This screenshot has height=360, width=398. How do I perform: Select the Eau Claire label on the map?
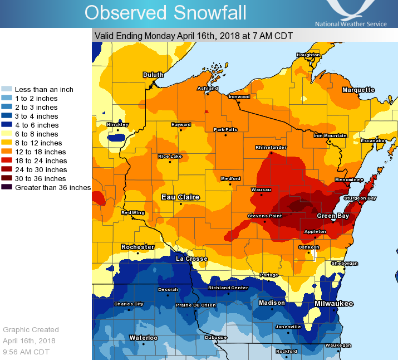click(180, 197)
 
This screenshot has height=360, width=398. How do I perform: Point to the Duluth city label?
click(153, 75)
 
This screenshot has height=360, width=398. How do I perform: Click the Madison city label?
click(272, 303)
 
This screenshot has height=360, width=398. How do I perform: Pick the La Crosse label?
click(191, 259)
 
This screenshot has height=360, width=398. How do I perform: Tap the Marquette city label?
click(358, 90)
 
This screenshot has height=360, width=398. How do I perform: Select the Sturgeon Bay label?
click(360, 198)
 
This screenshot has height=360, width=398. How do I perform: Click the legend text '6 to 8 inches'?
click(36, 134)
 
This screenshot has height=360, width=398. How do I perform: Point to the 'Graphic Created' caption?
click(31, 329)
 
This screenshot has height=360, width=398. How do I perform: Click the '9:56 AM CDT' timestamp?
click(26, 352)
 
